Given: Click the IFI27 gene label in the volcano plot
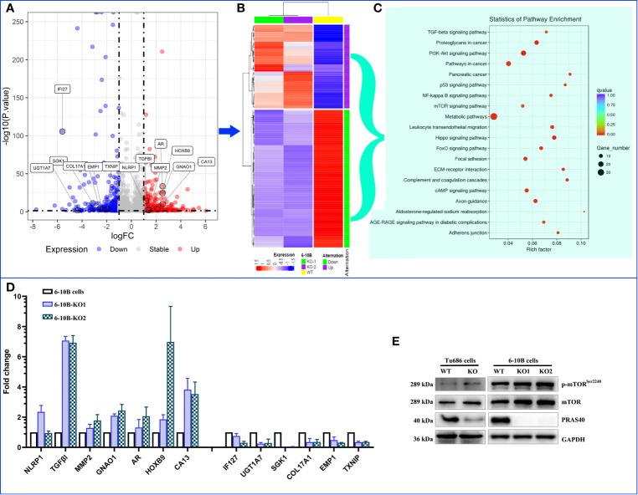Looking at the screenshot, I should [62, 89].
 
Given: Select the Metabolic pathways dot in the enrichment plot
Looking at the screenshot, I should [494, 116].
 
